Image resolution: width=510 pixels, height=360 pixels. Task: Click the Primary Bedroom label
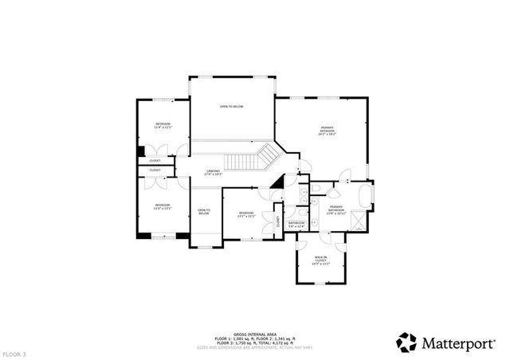click(x=328, y=131)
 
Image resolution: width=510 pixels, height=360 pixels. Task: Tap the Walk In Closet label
click(x=320, y=259)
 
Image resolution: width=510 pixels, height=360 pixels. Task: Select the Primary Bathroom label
click(x=335, y=209)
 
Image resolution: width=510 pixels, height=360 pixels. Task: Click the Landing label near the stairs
click(x=213, y=172)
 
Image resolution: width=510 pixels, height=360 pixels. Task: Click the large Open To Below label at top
click(x=232, y=106)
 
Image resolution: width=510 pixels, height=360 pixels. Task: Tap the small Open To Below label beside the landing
click(x=203, y=212)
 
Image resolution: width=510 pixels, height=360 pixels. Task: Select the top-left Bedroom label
click(x=163, y=126)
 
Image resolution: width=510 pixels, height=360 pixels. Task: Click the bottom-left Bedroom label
click(x=162, y=207)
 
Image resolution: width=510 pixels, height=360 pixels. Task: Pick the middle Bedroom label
click(x=246, y=214)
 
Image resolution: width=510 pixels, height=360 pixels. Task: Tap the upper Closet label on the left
click(x=155, y=160)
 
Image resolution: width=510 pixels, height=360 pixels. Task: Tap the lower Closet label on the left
click(x=155, y=170)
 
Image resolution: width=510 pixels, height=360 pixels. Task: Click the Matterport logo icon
click(x=406, y=342)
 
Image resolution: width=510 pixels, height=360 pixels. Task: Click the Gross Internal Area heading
click(x=255, y=334)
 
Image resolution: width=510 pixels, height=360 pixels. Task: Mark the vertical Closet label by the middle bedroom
click(x=277, y=221)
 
